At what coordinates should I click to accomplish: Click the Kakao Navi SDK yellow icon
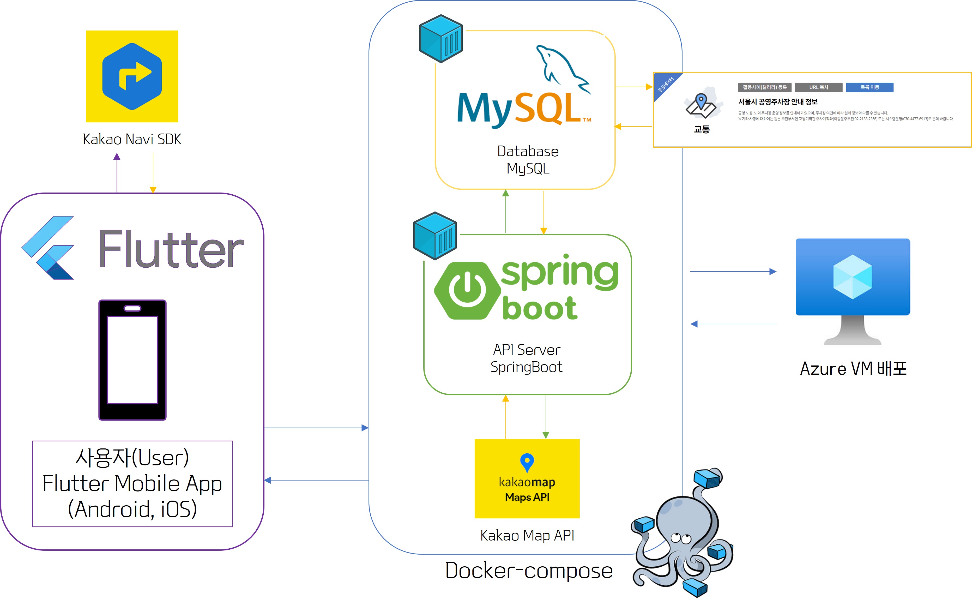(x=132, y=76)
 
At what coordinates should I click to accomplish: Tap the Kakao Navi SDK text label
(x=132, y=139)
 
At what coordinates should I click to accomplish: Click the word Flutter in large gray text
(x=171, y=249)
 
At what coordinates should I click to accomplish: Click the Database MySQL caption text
(x=528, y=160)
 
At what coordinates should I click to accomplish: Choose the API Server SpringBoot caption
(x=527, y=358)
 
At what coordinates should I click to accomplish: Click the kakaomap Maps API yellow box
(x=527, y=478)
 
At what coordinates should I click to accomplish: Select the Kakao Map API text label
(x=527, y=535)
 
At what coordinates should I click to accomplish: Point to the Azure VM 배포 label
(x=853, y=369)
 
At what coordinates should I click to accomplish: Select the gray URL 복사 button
(x=818, y=87)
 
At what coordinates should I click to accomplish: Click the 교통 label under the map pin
(x=702, y=129)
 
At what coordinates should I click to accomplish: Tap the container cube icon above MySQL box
(x=441, y=39)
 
